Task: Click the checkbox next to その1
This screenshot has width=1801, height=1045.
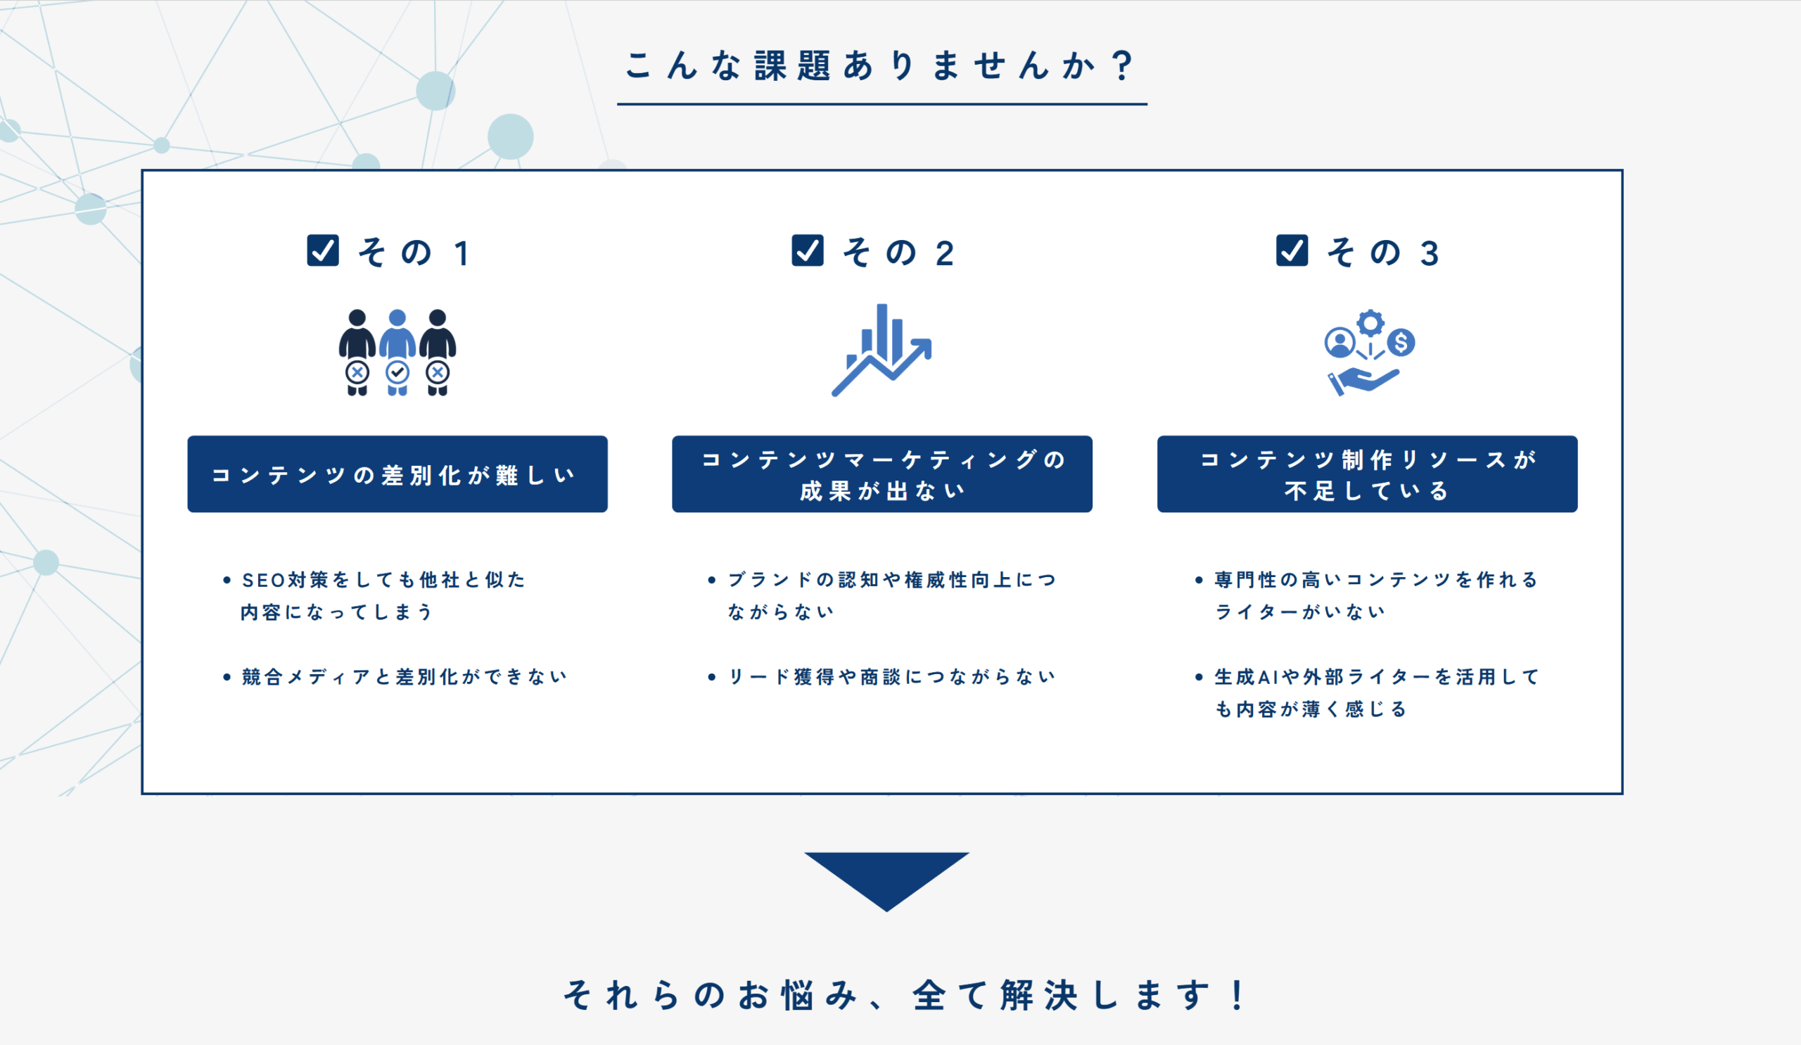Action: click(x=323, y=251)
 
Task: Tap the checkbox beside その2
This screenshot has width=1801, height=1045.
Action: click(x=808, y=251)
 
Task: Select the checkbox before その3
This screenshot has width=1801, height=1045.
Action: click(x=1292, y=251)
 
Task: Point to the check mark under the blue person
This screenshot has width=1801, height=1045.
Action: click(x=397, y=372)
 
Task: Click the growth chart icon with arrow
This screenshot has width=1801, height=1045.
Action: click(x=882, y=350)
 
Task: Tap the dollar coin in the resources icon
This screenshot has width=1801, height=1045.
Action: click(x=1401, y=343)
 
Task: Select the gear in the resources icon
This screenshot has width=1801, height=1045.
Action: click(x=1370, y=323)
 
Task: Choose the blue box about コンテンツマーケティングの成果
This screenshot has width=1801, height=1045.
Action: click(x=882, y=474)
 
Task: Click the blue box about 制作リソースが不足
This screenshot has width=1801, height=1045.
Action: click(x=1367, y=474)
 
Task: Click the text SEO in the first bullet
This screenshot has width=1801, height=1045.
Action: click(x=264, y=580)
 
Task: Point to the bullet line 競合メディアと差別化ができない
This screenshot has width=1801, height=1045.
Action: click(x=405, y=676)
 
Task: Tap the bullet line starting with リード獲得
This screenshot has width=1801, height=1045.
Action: click(x=891, y=676)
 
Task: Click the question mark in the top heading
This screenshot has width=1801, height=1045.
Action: click(x=1123, y=65)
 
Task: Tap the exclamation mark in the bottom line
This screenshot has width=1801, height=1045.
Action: click(x=1237, y=995)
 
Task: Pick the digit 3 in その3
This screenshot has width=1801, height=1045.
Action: click(x=1430, y=254)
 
